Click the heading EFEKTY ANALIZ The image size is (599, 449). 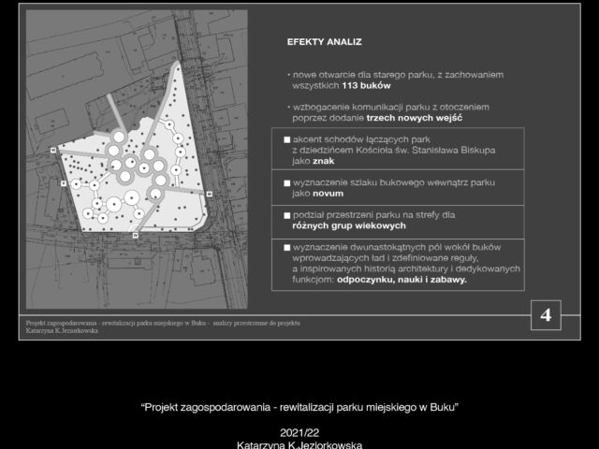coord(325,42)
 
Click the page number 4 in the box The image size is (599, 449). coord(546,316)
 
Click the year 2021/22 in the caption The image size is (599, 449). coord(299,433)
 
